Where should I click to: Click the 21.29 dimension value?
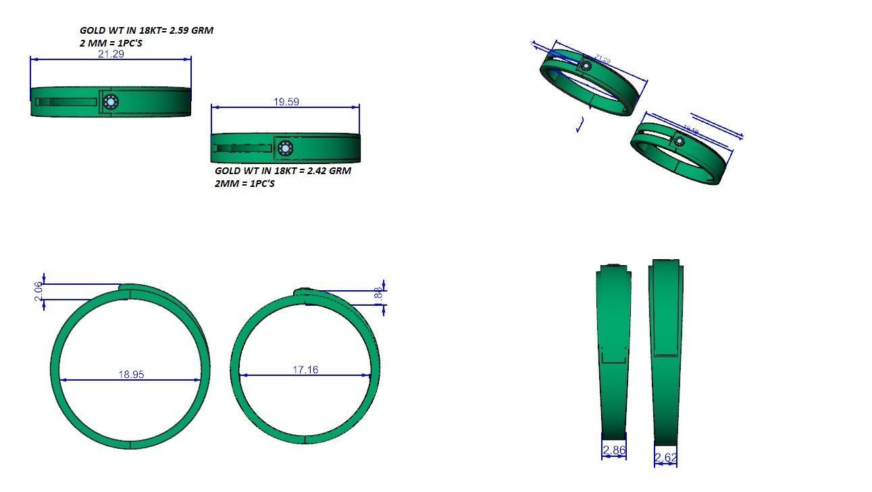111,54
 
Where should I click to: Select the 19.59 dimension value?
286,102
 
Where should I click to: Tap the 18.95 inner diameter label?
131,375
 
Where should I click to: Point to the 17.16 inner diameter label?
305,370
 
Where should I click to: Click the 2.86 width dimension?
613,450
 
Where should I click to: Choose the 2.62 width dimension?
665,458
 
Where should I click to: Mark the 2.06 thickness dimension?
39,292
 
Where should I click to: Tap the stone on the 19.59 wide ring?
286,148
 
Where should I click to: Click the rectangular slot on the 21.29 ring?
66,103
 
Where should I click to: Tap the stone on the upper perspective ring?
586,65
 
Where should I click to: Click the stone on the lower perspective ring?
679,141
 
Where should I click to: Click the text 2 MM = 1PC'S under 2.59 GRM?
111,43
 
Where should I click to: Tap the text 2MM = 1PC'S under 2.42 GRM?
245,184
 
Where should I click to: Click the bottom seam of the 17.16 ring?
305,439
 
